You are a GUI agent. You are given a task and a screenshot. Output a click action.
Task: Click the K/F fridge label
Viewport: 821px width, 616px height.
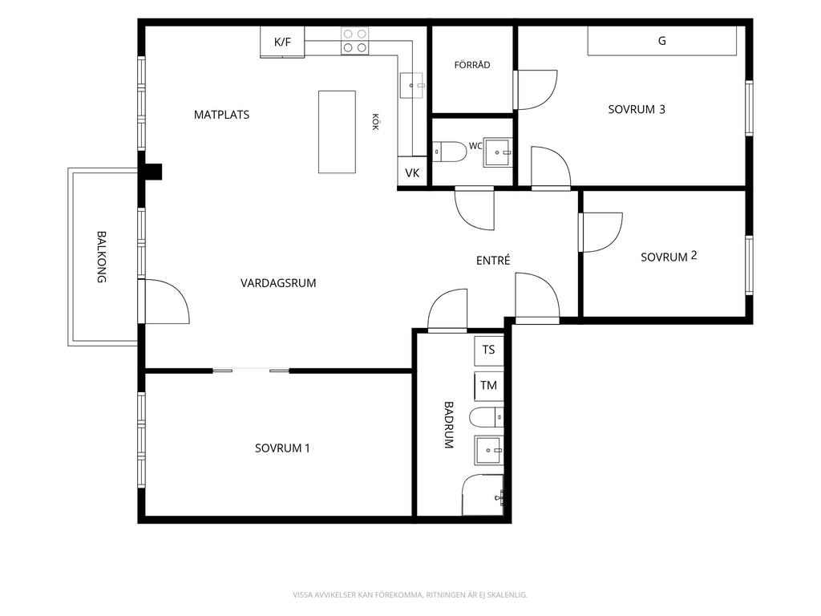click(x=282, y=42)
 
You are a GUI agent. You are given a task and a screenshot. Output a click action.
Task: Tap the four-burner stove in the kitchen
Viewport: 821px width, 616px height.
click(x=354, y=41)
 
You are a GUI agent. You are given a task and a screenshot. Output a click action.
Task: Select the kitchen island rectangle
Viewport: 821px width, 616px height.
click(x=338, y=132)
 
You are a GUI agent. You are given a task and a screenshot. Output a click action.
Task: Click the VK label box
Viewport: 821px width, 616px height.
click(x=413, y=172)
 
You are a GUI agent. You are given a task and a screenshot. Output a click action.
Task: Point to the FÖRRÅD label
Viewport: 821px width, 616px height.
click(x=472, y=65)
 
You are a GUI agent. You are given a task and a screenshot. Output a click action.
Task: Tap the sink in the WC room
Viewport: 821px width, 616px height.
click(x=497, y=152)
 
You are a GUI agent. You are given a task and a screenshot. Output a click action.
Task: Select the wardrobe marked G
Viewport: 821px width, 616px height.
click(x=662, y=41)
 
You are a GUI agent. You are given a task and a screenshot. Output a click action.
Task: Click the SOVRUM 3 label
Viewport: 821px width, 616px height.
click(x=637, y=109)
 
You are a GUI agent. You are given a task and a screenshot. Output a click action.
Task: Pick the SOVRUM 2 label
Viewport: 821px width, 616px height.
click(x=669, y=257)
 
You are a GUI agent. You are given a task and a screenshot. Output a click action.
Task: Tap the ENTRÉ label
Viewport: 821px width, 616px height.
click(x=493, y=261)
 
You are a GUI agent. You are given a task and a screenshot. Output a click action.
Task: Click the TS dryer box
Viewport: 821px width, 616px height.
click(x=488, y=351)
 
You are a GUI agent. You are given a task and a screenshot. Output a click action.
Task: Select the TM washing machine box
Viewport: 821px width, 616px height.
click(x=488, y=386)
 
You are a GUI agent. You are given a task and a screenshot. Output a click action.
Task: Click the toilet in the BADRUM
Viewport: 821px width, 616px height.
click(x=487, y=417)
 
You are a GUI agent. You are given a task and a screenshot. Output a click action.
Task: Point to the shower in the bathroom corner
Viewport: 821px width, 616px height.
click(x=483, y=495)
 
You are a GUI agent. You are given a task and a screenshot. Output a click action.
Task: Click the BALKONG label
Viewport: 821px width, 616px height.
click(x=102, y=257)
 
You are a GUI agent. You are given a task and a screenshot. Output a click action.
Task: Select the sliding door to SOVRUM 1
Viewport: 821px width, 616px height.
click(x=251, y=371)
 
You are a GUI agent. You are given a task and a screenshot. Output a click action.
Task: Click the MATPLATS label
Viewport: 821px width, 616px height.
click(x=221, y=115)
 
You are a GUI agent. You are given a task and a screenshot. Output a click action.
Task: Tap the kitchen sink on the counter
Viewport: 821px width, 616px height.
click(x=411, y=85)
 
